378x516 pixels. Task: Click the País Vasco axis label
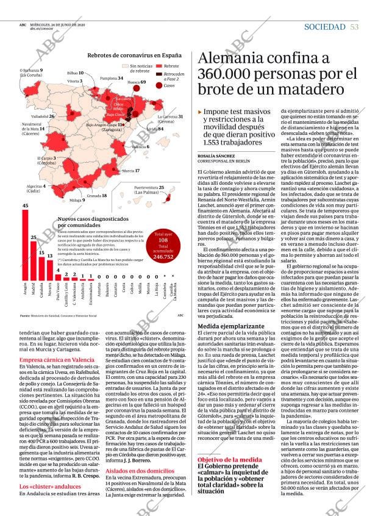58,293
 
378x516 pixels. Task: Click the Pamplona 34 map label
112,78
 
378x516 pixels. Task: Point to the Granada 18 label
97,196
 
